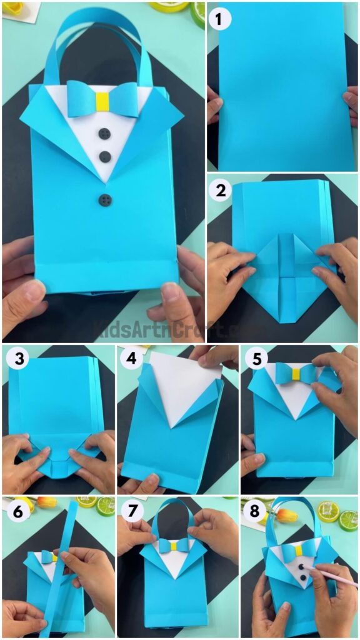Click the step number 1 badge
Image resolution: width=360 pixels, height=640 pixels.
219,19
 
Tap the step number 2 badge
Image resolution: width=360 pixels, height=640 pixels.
219,190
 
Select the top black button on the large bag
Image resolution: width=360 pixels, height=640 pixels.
105,133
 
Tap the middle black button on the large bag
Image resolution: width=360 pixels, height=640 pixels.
105,156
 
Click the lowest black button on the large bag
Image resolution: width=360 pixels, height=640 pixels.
104,199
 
